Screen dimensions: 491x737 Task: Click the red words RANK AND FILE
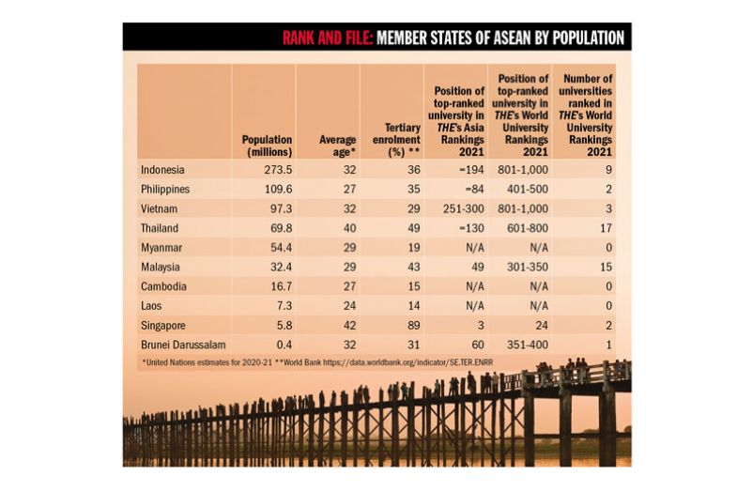point(328,38)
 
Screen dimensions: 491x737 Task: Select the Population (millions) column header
point(267,146)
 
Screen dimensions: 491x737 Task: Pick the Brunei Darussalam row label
point(183,345)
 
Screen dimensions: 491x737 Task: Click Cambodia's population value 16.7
point(279,286)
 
